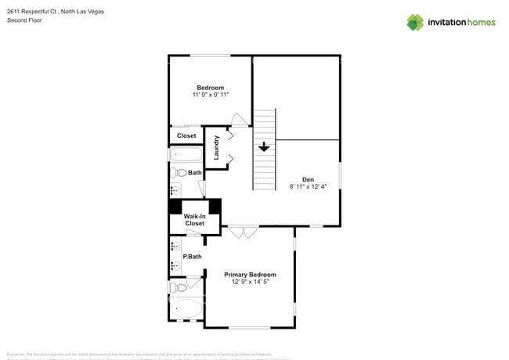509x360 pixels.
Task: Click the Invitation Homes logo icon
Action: (x=415, y=22)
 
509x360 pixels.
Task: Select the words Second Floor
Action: (x=24, y=20)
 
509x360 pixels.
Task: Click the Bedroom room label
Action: (x=210, y=88)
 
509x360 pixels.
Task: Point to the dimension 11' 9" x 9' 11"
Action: (x=210, y=95)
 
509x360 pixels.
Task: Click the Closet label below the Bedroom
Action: (x=186, y=135)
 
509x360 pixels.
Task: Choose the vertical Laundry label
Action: (x=216, y=147)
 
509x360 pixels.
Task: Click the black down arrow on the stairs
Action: (x=264, y=146)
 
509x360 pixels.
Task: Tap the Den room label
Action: (x=308, y=179)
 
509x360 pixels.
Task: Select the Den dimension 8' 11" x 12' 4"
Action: (x=308, y=186)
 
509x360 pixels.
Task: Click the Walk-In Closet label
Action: (x=194, y=220)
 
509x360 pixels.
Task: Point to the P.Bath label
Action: (x=192, y=257)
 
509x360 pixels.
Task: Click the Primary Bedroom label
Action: (x=250, y=275)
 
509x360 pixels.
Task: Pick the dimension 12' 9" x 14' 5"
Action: (x=250, y=282)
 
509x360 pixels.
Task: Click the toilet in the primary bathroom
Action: (x=178, y=287)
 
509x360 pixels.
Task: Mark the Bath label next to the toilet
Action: (x=194, y=173)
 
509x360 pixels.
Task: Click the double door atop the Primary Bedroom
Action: (x=244, y=232)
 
